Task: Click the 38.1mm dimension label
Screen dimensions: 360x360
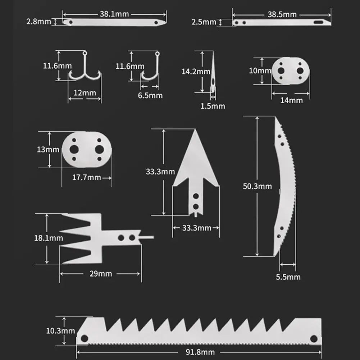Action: pos(114,14)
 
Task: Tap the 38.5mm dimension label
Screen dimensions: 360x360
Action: pos(282,14)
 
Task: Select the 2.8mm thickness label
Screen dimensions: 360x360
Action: pos(38,22)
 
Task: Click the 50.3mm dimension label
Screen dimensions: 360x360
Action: pos(257,186)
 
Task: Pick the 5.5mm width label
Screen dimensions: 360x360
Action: pos(288,277)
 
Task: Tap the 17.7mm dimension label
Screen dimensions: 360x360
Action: pos(86,177)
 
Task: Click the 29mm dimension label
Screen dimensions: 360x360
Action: pos(100,274)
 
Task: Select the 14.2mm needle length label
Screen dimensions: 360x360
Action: pos(196,72)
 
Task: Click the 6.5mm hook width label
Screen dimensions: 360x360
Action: pos(150,95)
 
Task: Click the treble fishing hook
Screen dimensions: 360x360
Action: pos(85,70)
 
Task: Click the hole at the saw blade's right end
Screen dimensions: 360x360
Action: pos(314,338)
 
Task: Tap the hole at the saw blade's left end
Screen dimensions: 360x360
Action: pos(85,338)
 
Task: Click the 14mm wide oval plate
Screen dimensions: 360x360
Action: pos(290,70)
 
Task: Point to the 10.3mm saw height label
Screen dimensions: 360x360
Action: pos(60,331)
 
